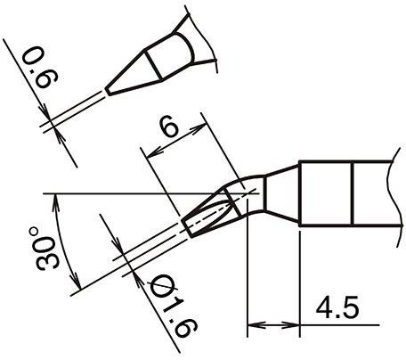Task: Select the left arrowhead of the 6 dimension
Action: [x=154, y=152]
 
